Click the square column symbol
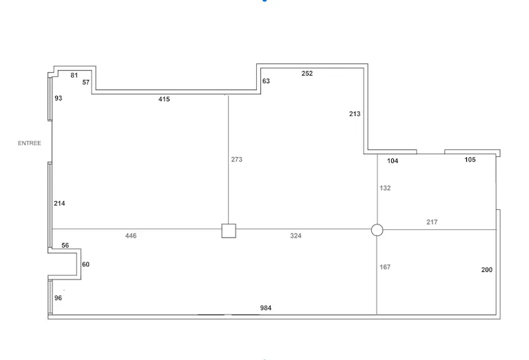tap(229, 231)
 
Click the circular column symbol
tap(377, 230)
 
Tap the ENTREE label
tap(30, 143)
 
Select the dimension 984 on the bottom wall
tap(266, 308)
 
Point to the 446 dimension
tap(131, 235)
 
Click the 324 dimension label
tap(296, 235)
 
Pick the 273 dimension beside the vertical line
tap(237, 160)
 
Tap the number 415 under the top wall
tap(165, 99)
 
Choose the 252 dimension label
tap(307, 74)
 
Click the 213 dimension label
tap(355, 114)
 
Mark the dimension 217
tap(432, 222)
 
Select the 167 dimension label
tap(385, 267)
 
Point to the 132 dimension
tap(385, 188)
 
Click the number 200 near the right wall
tap(487, 270)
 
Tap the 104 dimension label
tap(393, 161)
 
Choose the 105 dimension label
tap(470, 160)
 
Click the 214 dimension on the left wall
tap(60, 203)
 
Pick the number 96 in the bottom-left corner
tap(59, 298)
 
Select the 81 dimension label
tap(74, 76)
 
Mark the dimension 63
tap(266, 81)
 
